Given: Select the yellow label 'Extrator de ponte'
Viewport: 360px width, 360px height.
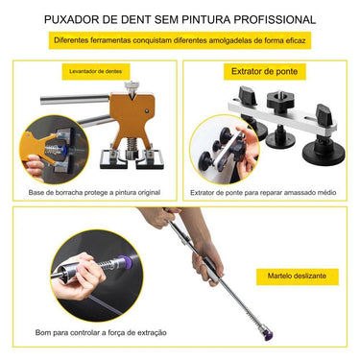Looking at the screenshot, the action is tap(265, 71).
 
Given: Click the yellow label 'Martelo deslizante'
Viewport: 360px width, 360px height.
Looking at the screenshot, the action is tap(298, 276).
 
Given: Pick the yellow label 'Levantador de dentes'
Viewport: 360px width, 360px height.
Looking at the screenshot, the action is tap(96, 71).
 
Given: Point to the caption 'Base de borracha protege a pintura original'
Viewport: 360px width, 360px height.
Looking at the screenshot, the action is tap(94, 193).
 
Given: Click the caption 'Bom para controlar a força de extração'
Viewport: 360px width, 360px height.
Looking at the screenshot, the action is tap(101, 332).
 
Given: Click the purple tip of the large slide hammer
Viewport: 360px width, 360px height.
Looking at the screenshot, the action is tap(268, 335).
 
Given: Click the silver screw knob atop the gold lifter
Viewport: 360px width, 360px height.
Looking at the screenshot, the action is tap(131, 85).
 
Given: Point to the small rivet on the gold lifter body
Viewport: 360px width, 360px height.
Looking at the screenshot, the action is tap(147, 110).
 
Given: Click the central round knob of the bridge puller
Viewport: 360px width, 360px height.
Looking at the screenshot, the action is tap(280, 99).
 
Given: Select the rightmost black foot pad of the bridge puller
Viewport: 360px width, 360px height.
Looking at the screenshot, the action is tap(324, 156).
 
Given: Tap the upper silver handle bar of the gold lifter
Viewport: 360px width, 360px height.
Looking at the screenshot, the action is tap(75, 99).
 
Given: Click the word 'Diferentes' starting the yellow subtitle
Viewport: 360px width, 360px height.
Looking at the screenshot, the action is tap(71, 40).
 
